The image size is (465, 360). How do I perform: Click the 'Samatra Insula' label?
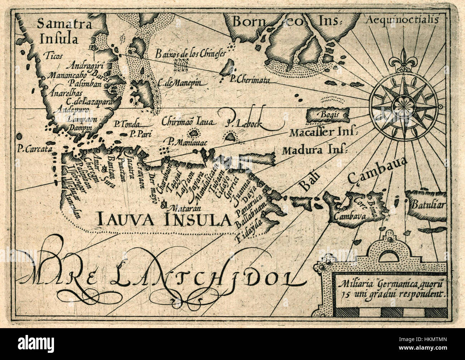coord(65,30)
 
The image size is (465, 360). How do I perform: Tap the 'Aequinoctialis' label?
coord(402,20)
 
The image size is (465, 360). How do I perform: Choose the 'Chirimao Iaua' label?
coord(187,122)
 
